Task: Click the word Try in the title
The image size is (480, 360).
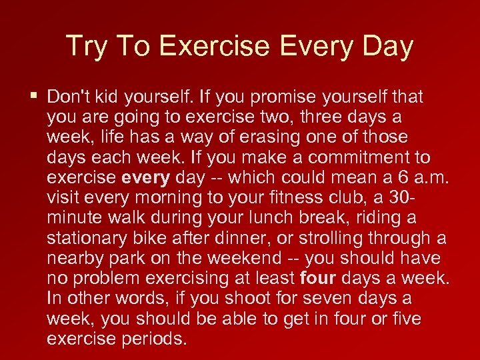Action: (86, 47)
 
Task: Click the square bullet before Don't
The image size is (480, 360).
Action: (34, 96)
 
